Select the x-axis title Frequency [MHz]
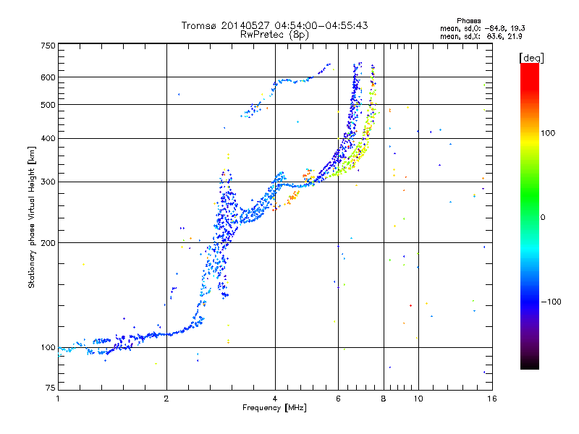(275, 409)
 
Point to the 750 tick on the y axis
(48, 46)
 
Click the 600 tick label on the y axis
(48, 77)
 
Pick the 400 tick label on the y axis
(48, 138)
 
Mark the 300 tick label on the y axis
(48, 182)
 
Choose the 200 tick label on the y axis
(48, 243)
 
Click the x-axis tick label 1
(58, 399)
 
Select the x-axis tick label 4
(275, 399)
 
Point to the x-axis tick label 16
(491, 399)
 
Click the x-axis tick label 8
(384, 399)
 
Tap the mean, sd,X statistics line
(481, 35)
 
